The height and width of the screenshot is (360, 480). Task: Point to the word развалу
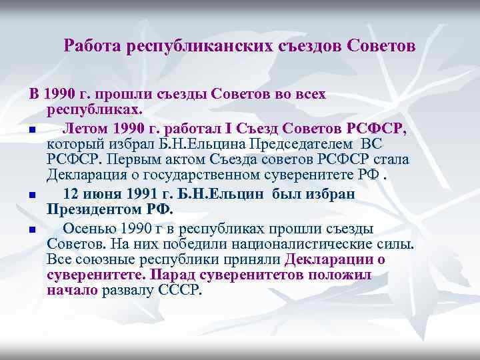[125, 291]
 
